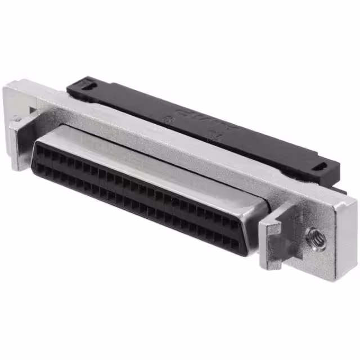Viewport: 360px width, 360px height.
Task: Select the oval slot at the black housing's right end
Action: [321, 167]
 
